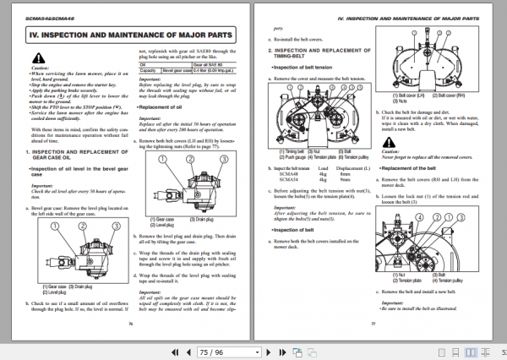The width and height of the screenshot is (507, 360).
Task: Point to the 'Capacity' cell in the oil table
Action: [x=148, y=68]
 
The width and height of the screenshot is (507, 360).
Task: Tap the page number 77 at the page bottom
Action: [x=373, y=322]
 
